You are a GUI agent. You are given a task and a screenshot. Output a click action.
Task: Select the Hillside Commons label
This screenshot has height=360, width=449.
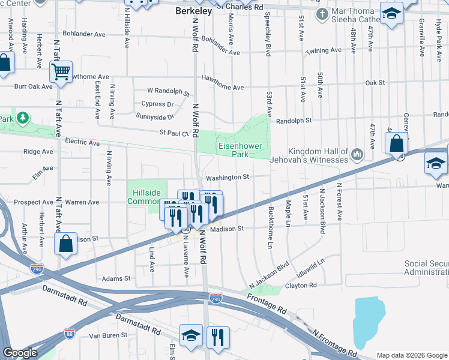point(146,197)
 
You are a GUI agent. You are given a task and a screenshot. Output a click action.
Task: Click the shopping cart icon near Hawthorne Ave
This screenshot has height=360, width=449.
point(61,72)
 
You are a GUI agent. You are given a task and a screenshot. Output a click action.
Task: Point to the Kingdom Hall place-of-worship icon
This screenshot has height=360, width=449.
point(357,155)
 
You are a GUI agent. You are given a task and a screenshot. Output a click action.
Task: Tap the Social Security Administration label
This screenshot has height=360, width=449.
point(426,268)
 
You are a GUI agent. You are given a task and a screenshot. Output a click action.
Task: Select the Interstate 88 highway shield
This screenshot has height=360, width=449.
point(70,332)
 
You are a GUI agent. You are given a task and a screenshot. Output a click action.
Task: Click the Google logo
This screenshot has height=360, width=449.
point(20,353)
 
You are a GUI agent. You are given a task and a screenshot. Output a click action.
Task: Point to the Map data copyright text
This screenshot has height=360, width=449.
point(411,355)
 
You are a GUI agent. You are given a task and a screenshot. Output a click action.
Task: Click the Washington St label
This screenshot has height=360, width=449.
point(227,178)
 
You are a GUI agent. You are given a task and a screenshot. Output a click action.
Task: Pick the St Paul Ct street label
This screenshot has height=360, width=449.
point(173,133)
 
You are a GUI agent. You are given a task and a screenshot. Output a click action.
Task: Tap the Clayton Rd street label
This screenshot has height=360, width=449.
point(301,286)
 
